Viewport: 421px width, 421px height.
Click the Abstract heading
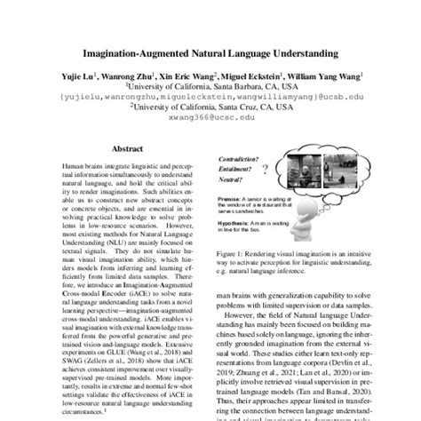click(123, 152)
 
